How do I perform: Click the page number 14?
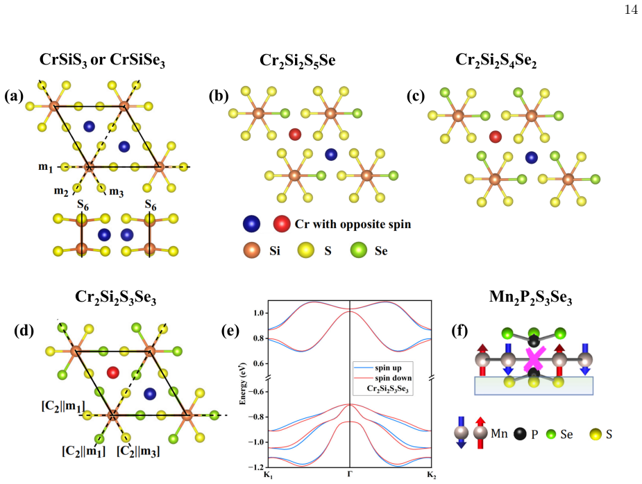point(631,10)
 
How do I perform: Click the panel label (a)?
point(14,96)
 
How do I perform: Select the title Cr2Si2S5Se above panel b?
point(298,61)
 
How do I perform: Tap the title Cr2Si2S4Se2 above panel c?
point(496,60)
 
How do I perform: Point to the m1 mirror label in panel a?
point(45,167)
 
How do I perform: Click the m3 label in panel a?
point(117,191)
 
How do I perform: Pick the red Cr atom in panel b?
point(295,135)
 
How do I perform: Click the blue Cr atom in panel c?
point(532,157)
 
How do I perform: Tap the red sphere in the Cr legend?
point(282,224)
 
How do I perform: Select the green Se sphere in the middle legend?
point(359,250)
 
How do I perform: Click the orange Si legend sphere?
point(251,250)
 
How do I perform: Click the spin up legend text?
point(388,368)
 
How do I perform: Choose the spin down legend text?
point(393,378)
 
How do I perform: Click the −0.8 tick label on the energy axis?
point(257,417)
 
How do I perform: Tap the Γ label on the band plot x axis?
point(350,474)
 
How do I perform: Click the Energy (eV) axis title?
point(242,383)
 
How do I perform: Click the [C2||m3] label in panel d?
point(138,451)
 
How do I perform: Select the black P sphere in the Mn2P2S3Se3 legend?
point(520,433)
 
